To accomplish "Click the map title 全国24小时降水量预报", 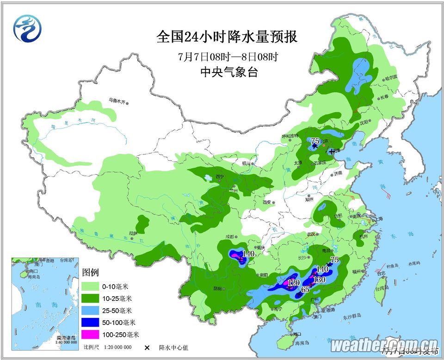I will [227, 37].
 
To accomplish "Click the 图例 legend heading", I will [90, 272].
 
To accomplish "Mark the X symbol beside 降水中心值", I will [148, 348].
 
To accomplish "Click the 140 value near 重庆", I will [249, 253].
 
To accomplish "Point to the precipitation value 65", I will [305, 290].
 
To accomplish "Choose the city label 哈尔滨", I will [391, 78].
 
